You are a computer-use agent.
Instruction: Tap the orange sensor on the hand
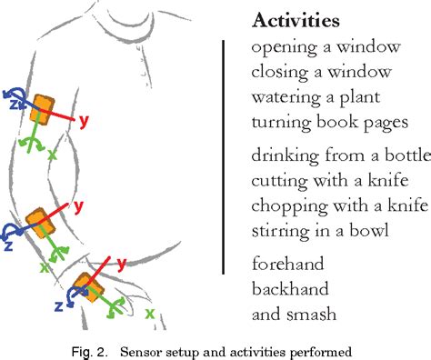coord(89,287)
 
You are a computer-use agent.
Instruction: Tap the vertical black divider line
coord(224,155)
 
